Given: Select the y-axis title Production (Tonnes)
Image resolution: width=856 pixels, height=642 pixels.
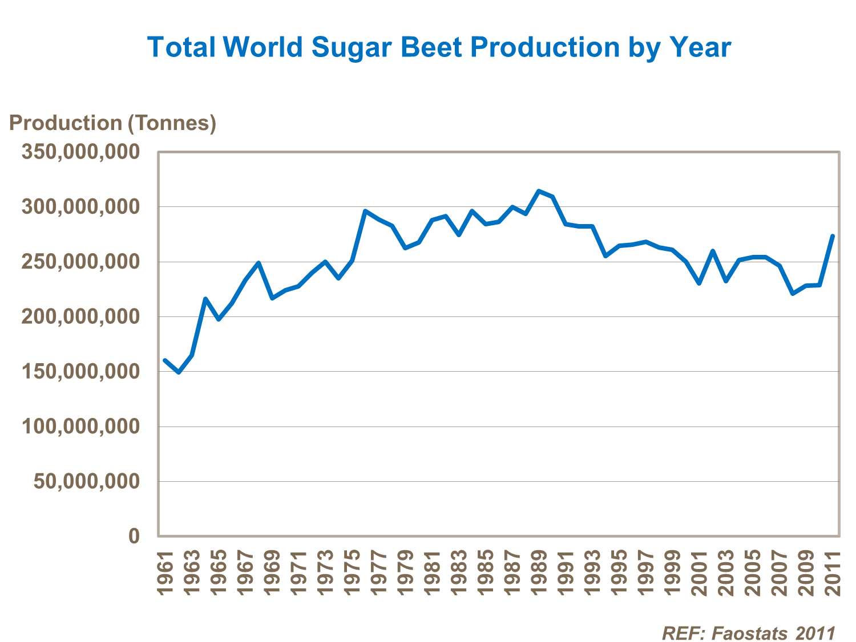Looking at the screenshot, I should pos(112,123).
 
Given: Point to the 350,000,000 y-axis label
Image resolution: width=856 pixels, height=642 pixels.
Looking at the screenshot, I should pos(80,152).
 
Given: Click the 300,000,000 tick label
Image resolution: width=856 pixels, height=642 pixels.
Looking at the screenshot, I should pos(80,207).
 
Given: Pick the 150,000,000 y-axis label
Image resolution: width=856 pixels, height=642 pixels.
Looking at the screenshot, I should pos(80,372).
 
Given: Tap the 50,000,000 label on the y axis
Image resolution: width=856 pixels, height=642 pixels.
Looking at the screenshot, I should pos(86,482).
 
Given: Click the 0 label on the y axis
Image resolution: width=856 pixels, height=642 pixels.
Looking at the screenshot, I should pos(134,536).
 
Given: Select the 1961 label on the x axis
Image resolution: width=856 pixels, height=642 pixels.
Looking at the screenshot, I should pos(165,572).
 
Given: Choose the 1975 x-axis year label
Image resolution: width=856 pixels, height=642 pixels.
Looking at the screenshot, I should pos(353,572).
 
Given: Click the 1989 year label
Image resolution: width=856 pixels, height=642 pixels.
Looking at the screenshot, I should pos(539,572).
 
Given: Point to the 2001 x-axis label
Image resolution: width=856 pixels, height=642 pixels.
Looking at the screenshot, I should pos(700,572).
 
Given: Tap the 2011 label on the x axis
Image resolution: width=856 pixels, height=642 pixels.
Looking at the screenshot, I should pos(833,572).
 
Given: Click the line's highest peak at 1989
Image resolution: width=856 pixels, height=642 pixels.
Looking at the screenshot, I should pos(539,191).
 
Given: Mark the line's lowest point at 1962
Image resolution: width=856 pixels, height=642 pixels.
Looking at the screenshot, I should pos(179,372).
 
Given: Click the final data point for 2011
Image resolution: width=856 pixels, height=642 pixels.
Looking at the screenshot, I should pos(833,235).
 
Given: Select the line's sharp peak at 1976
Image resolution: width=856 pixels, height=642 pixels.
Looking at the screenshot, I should pos(365,211).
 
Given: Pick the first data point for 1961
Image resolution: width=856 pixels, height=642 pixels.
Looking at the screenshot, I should pos(165,360).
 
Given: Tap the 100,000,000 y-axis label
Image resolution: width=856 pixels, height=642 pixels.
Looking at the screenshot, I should pos(80,426).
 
